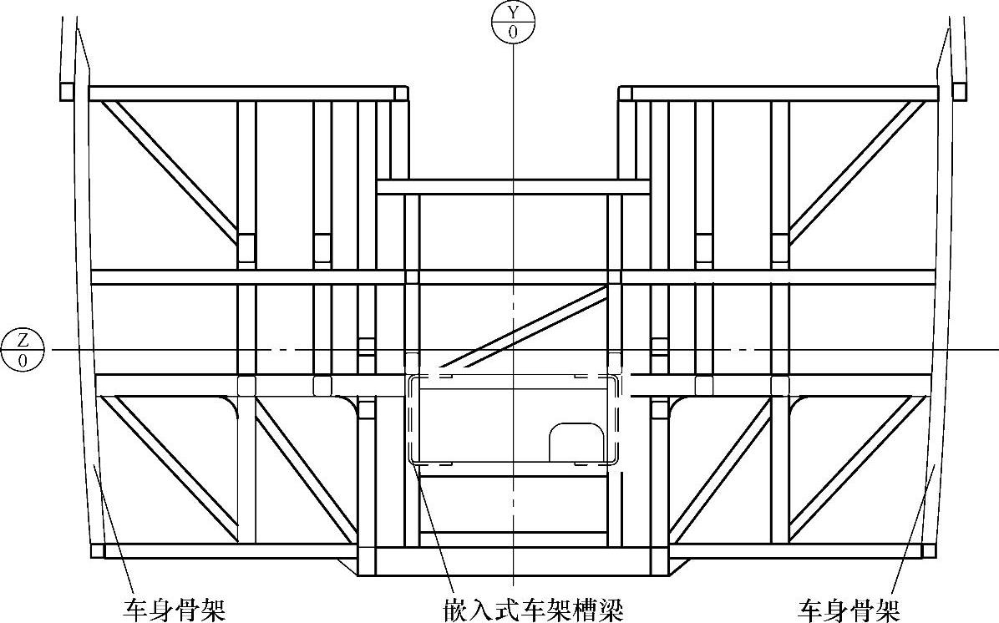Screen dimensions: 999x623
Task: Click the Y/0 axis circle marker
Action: coord(513,23)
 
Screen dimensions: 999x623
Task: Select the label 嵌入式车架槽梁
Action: coord(534,609)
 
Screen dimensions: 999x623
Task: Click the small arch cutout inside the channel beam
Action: coord(576,441)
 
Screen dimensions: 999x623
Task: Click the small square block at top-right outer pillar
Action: coord(959,90)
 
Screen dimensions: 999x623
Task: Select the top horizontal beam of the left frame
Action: coord(242,93)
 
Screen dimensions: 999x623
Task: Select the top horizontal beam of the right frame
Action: coord(781,93)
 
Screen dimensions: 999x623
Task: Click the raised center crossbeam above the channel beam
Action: coord(513,187)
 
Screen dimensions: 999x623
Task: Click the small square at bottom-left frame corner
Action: coord(97,551)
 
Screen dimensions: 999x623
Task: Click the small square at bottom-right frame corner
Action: coord(927,551)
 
